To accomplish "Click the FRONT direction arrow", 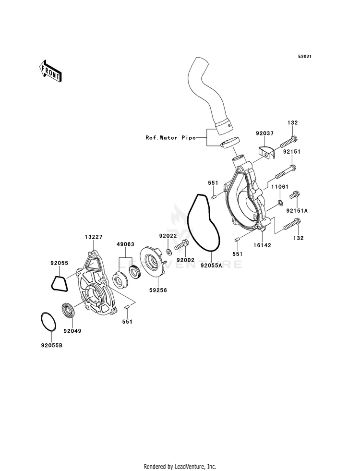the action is pyautogui.click(x=50, y=71).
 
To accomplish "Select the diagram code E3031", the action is pyautogui.click(x=305, y=56).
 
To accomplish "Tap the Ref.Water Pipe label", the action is pyautogui.click(x=170, y=138).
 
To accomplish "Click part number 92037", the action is pyautogui.click(x=264, y=133).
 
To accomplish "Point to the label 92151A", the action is pyautogui.click(x=297, y=211).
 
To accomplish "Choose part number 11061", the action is pyautogui.click(x=280, y=187).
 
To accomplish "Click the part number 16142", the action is pyautogui.click(x=262, y=245).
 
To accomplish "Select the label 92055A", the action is pyautogui.click(x=211, y=265).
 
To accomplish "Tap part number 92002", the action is pyautogui.click(x=185, y=260).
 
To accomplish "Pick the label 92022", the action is pyautogui.click(x=168, y=236).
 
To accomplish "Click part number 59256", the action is pyautogui.click(x=158, y=290).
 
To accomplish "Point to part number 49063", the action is pyautogui.click(x=125, y=244).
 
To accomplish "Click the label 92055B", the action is pyautogui.click(x=52, y=345).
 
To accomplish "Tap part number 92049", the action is pyautogui.click(x=72, y=331).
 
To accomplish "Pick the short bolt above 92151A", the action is pyautogui.click(x=294, y=195).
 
